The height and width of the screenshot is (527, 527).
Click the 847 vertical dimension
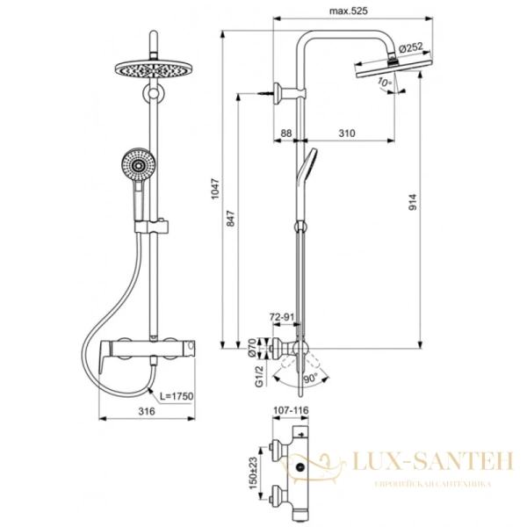click(231, 223)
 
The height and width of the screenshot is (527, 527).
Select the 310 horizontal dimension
click(345, 133)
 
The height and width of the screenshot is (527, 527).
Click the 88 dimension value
click(285, 133)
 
